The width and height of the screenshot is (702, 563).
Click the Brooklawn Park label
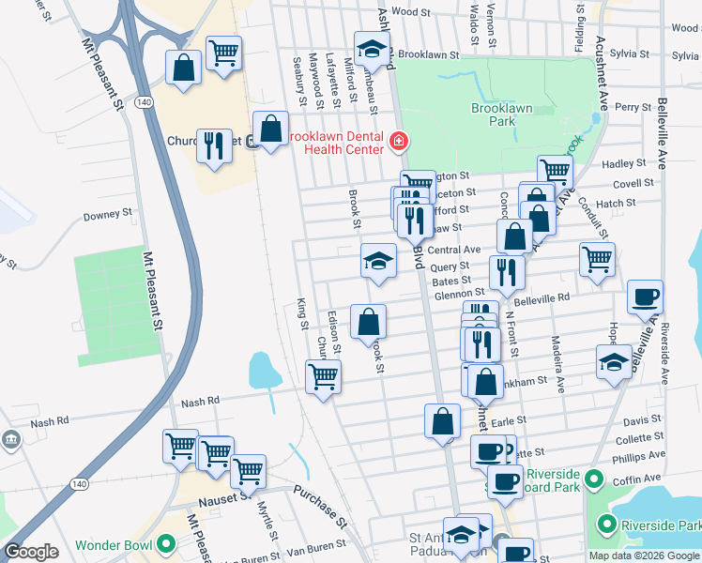click(501, 114)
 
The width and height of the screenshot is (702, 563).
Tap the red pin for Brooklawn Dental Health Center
click(400, 143)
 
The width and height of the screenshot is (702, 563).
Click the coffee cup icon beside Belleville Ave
click(645, 297)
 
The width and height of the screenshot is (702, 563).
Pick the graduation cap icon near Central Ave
click(378, 260)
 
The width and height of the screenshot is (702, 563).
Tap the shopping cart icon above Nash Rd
click(324, 376)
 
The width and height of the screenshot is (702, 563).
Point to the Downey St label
click(112, 215)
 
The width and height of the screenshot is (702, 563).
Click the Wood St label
click(410, 12)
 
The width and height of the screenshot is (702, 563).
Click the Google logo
click(31, 552)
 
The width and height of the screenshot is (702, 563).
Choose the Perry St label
click(633, 107)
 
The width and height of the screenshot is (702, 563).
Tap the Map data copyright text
click(643, 555)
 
